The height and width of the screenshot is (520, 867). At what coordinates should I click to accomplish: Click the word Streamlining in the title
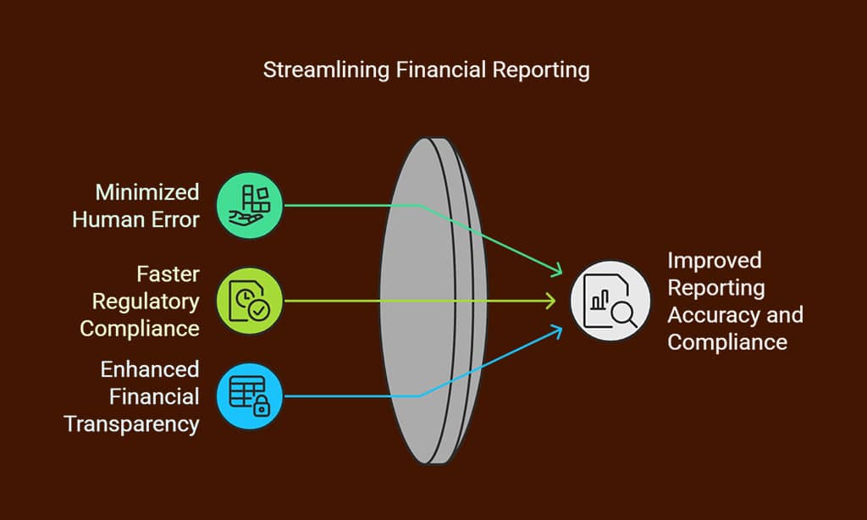[x=326, y=70]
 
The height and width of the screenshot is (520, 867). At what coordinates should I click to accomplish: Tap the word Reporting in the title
[x=541, y=70]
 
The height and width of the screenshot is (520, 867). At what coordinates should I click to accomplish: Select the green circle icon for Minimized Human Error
[x=250, y=205]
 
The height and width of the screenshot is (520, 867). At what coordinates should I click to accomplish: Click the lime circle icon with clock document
[x=250, y=301]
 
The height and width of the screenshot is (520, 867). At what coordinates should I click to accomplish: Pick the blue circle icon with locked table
[x=250, y=396]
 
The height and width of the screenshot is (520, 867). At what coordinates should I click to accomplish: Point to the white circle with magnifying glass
[x=610, y=301]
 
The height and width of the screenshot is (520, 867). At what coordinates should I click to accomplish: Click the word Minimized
[x=147, y=192]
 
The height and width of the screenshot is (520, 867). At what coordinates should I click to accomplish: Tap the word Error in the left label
[x=175, y=219]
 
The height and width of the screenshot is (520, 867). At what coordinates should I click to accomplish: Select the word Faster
[x=168, y=274]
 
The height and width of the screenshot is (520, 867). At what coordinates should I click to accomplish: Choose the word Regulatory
[x=146, y=302]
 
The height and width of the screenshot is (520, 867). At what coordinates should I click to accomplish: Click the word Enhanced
[x=150, y=369]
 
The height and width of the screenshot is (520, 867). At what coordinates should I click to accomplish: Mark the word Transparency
[x=131, y=425]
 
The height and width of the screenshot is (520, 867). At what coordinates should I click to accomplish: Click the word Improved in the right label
[x=715, y=261]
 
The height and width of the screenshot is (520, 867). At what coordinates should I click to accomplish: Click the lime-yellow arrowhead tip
[x=555, y=301]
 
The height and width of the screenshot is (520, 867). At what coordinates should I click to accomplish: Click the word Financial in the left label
[x=154, y=396]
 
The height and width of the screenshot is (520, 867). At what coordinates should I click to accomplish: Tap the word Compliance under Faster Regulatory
[x=140, y=329]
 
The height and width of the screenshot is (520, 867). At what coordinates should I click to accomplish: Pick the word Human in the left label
[x=108, y=219]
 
